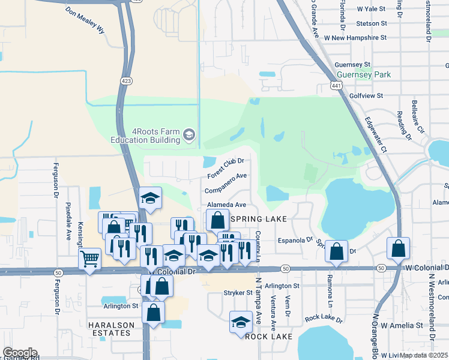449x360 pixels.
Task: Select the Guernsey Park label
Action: [363, 74]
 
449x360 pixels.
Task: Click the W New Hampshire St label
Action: [355, 37]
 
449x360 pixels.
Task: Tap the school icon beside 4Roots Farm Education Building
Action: [189, 134]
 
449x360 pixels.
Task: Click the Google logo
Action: [20, 353]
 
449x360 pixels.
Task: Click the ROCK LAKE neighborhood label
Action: [268, 337]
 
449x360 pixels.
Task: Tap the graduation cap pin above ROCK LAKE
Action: [241, 321]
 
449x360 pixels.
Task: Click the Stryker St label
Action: [238, 293]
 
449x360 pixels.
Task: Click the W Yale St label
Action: [371, 10]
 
